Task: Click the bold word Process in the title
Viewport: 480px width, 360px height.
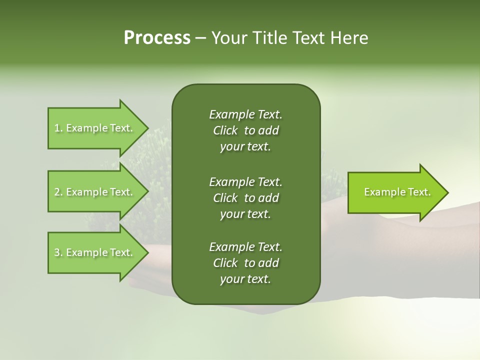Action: click(157, 38)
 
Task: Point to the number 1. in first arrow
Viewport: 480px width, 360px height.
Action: click(58, 128)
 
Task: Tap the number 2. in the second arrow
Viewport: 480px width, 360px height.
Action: click(58, 192)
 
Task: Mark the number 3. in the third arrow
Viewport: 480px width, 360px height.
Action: click(58, 252)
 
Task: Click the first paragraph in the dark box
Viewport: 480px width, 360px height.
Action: click(245, 130)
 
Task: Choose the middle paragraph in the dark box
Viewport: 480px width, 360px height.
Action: click(245, 197)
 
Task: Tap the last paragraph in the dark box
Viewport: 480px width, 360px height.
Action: click(245, 263)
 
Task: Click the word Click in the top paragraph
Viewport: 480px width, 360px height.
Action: click(225, 130)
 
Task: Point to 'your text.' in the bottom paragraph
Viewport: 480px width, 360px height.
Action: click(245, 279)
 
